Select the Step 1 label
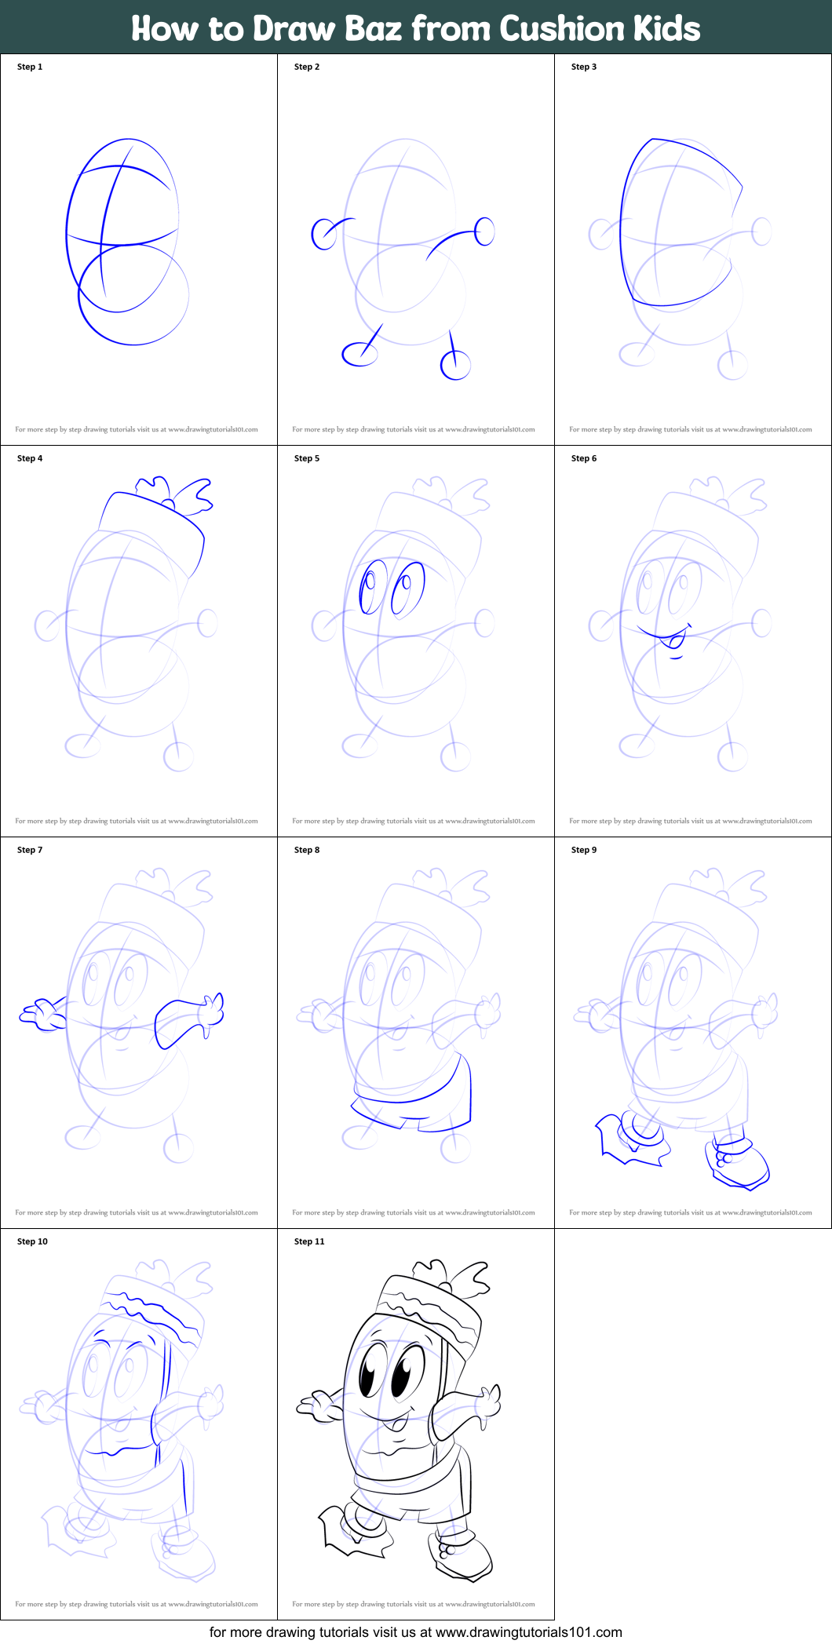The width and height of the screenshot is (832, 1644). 30,67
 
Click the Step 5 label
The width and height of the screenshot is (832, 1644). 307,458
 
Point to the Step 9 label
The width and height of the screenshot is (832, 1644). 584,850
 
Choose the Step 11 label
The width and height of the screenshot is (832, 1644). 309,1241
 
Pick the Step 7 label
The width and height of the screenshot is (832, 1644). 30,850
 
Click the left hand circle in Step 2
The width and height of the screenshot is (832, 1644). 323,234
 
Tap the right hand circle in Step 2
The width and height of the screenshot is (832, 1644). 485,231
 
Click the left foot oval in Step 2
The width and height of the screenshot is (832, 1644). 359,354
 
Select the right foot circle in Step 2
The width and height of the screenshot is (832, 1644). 455,365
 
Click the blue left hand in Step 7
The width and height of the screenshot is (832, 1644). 43,1015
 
